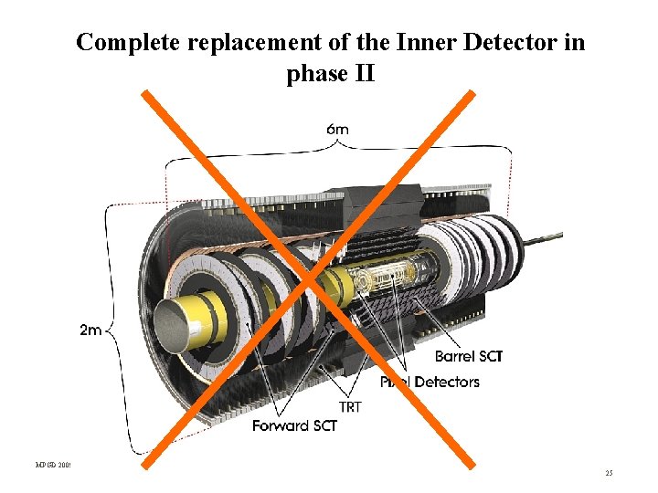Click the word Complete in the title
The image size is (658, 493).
click(122, 42)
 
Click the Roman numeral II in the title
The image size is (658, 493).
click(364, 74)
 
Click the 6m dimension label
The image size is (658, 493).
click(337, 129)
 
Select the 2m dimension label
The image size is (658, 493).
click(90, 330)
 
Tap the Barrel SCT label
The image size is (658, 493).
click(468, 356)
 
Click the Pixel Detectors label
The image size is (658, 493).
click(430, 382)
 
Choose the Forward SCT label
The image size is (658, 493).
click(295, 425)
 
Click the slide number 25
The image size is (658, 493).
click(609, 473)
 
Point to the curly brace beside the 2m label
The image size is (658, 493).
click(110, 329)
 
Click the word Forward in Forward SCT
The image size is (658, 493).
click(281, 425)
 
